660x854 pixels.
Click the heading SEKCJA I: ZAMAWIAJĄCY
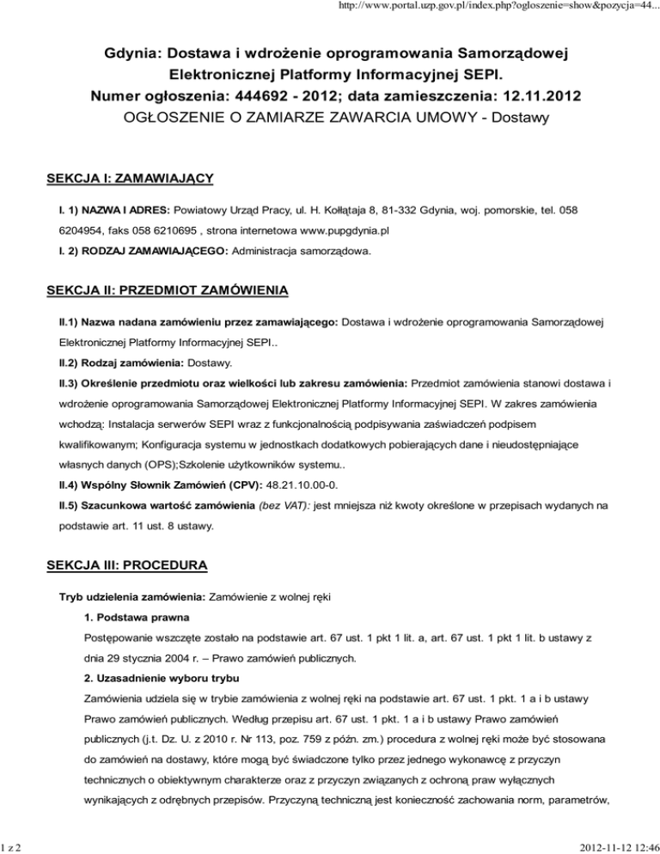pyautogui.click(x=129, y=179)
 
